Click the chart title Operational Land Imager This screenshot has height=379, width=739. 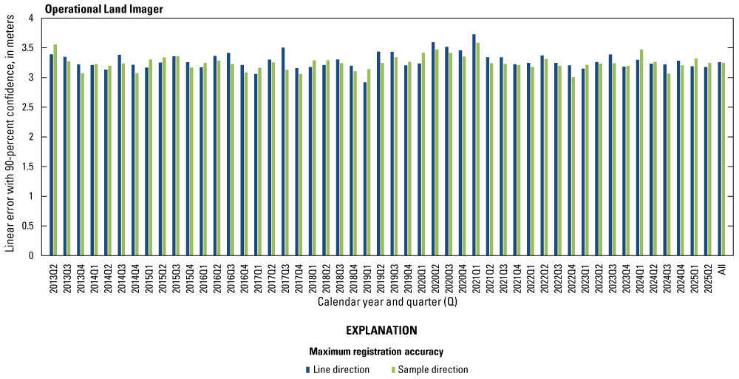pyautogui.click(x=103, y=9)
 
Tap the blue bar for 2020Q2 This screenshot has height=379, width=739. pyautogui.click(x=433, y=149)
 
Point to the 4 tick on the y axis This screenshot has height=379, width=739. pyautogui.click(x=34, y=19)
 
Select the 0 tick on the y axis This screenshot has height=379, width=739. pyautogui.click(x=34, y=256)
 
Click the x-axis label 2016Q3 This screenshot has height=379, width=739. pyautogui.click(x=230, y=278)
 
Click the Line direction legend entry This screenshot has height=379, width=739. pyautogui.click(x=341, y=369)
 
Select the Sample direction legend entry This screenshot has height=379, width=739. pyautogui.click(x=432, y=369)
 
